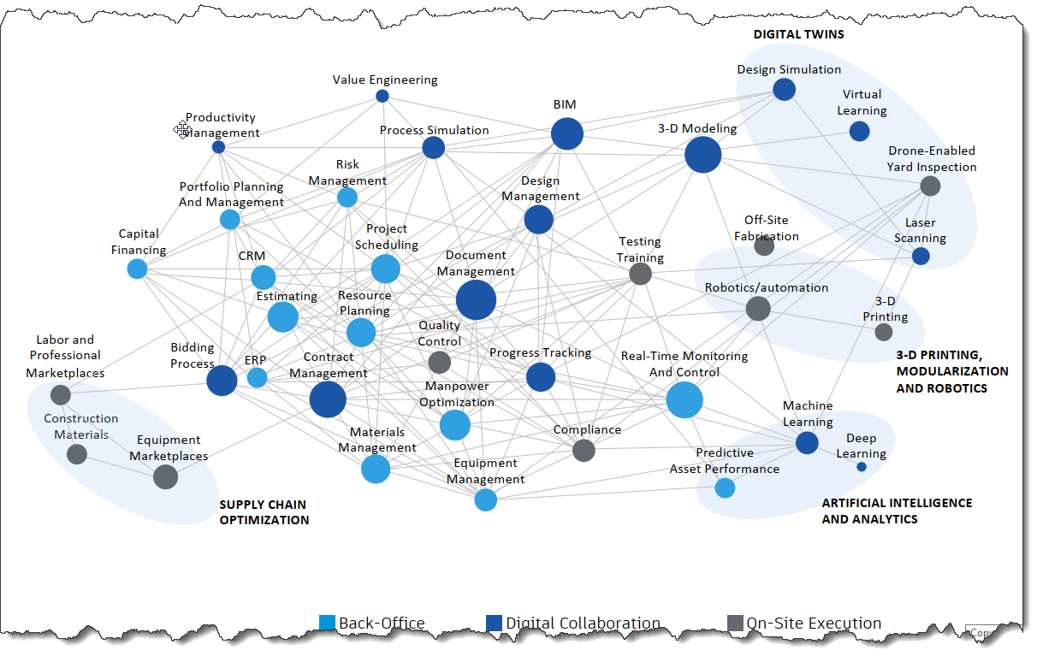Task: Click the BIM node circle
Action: point(566,134)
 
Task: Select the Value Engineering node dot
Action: point(382,96)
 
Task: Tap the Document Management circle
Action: point(476,300)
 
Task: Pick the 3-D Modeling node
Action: point(702,155)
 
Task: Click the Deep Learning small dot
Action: point(862,467)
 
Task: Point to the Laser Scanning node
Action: point(921,256)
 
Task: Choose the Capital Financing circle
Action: point(137,269)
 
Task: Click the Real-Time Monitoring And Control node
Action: point(684,399)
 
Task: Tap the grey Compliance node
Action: point(584,450)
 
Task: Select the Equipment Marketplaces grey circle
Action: point(165,476)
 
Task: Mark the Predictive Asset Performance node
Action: point(725,488)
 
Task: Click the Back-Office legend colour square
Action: point(327,624)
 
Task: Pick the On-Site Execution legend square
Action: point(734,624)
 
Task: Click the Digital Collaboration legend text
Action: point(583,624)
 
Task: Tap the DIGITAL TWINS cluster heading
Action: point(798,35)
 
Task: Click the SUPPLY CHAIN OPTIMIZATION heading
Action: point(264,512)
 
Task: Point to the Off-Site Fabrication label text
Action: point(771,228)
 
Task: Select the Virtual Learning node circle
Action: point(859,131)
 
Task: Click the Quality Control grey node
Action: point(439,362)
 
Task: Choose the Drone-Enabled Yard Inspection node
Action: point(930,186)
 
